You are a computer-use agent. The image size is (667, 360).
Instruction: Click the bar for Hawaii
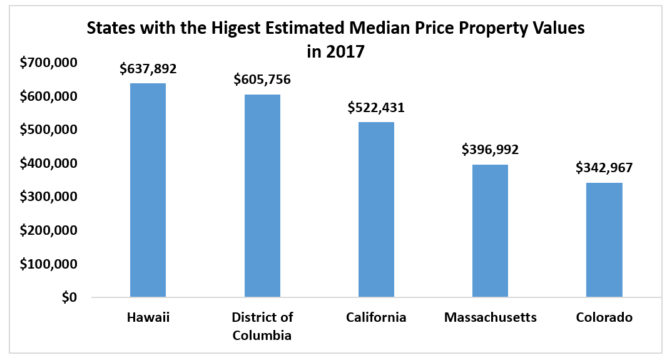tap(148, 190)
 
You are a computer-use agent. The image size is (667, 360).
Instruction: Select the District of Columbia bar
tap(262, 195)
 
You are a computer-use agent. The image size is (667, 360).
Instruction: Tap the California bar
tap(376, 209)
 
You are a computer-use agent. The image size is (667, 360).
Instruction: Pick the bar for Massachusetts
tap(490, 230)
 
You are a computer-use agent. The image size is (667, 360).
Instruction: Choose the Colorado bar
tap(604, 240)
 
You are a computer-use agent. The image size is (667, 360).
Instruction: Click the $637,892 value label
tap(148, 69)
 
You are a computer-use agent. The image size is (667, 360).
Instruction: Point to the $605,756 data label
tap(262, 80)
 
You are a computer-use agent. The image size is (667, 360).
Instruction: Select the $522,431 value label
tap(376, 107)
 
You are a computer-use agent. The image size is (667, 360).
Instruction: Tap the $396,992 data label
tap(490, 150)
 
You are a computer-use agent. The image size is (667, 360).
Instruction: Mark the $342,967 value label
tap(604, 168)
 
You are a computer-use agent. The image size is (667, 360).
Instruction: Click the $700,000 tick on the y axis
tap(49, 63)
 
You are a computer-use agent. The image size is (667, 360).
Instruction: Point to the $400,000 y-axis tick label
tap(49, 163)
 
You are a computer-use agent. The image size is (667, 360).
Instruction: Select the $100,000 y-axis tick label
tap(49, 264)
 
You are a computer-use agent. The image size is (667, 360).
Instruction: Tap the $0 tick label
tap(69, 298)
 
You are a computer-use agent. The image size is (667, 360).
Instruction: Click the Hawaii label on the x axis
tap(148, 317)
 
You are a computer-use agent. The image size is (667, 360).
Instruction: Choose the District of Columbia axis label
tap(262, 326)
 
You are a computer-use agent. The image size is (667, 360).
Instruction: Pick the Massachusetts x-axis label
tap(490, 317)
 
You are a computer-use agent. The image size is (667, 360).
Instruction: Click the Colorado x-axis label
tap(604, 317)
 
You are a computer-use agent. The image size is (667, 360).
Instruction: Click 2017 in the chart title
tap(344, 51)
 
